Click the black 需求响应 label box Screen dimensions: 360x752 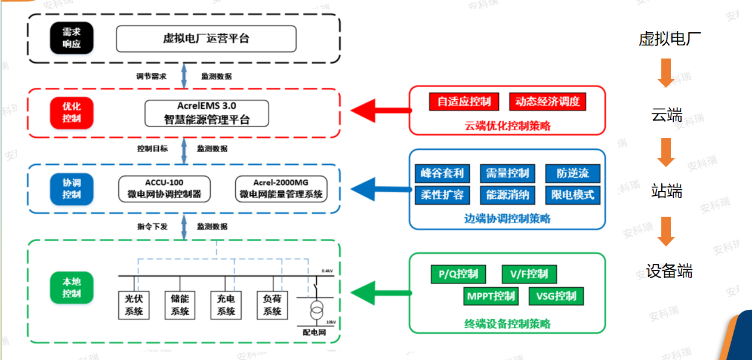point(71,38)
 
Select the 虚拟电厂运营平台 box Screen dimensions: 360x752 point(206,39)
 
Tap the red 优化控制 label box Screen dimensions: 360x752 point(71,113)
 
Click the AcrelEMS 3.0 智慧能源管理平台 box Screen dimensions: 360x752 point(207,113)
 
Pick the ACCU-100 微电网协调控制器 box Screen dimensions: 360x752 point(165,188)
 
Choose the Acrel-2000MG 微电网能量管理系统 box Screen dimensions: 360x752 point(281,188)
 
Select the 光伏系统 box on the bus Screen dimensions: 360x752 point(134,305)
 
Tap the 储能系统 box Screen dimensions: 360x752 point(180,305)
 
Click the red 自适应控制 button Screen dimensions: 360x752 point(464,101)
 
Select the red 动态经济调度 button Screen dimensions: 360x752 point(547,101)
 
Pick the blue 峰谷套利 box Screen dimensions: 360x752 point(442,174)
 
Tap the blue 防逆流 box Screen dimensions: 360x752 point(572,174)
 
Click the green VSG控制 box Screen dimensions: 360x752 point(556,296)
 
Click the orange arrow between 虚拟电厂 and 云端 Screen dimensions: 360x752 point(665,73)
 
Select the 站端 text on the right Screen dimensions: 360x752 point(666,192)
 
